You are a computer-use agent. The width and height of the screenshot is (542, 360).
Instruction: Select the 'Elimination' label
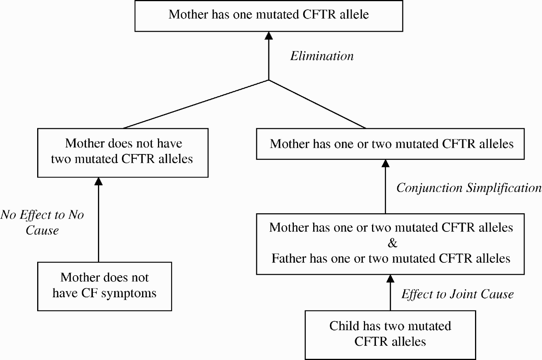click(x=322, y=56)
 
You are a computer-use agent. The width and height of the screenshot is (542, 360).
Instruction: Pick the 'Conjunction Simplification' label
click(x=469, y=188)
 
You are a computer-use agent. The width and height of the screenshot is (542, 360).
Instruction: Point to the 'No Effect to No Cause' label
click(x=42, y=222)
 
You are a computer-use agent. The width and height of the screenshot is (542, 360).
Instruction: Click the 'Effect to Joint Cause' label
click(x=458, y=294)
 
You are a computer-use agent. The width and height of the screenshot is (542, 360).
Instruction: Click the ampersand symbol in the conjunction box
click(x=392, y=243)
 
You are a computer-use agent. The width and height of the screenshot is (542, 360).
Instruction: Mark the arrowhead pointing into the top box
click(x=269, y=36)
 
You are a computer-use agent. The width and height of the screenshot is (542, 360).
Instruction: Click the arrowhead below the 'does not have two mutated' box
click(x=98, y=182)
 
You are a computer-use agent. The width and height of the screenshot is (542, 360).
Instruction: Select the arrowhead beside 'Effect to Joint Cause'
click(x=390, y=279)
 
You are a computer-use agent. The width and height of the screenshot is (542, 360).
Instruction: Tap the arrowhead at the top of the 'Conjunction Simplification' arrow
click(x=386, y=163)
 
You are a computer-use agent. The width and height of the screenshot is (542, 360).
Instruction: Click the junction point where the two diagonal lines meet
click(x=269, y=80)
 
